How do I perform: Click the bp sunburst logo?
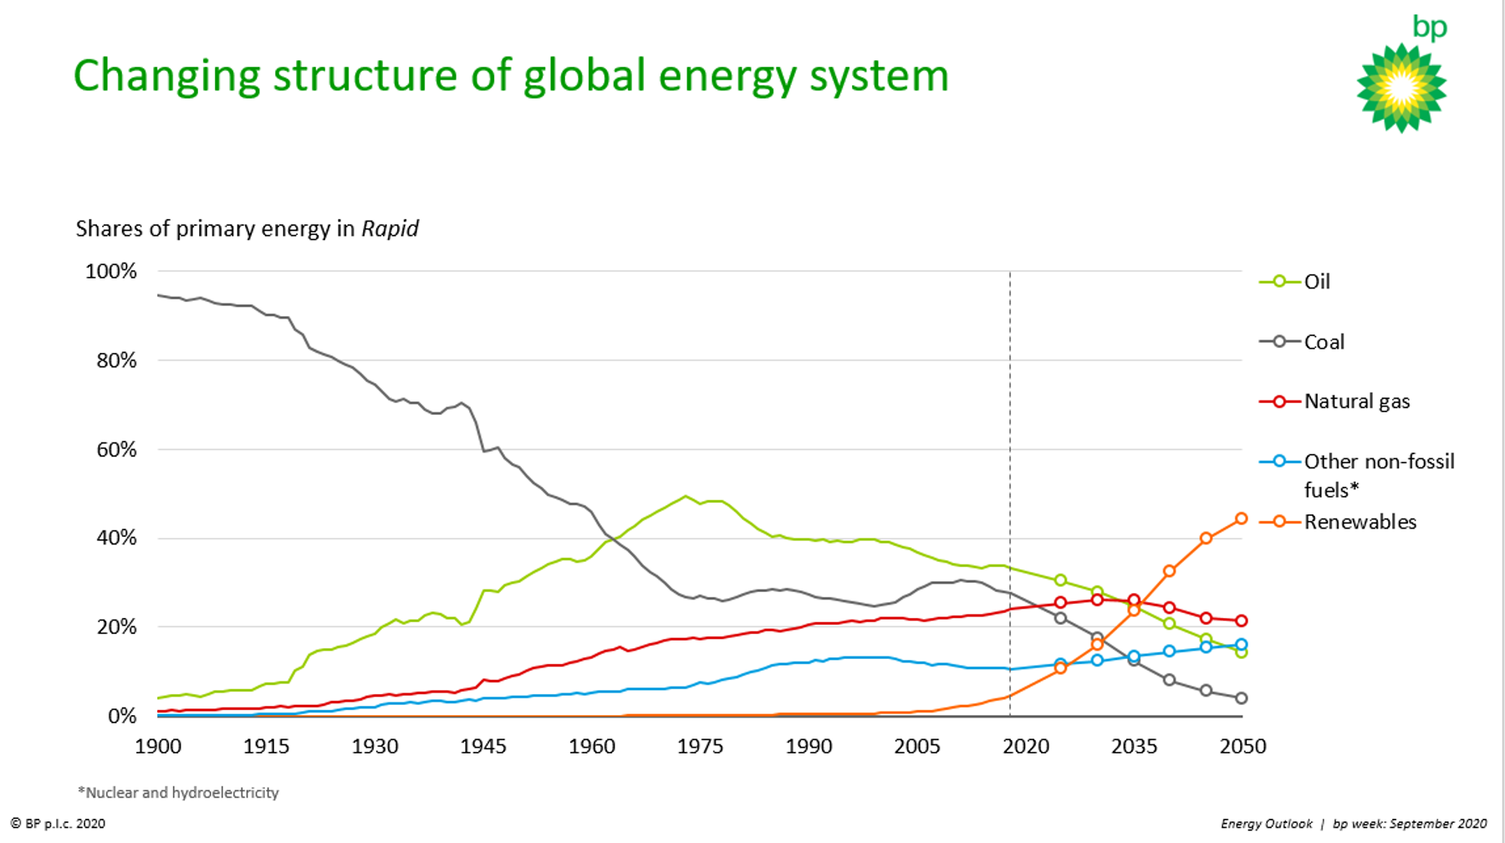1401,88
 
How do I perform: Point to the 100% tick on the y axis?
111,271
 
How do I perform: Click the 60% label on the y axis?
116,450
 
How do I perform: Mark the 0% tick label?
122,716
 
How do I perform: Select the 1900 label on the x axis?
158,747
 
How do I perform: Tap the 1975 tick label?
700,747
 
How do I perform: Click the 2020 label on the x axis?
1026,747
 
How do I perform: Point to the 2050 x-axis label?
1242,747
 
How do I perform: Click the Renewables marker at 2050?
1241,519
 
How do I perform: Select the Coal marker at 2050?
1241,697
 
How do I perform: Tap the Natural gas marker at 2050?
1241,621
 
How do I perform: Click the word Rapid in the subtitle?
390,229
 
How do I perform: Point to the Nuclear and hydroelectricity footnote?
179,793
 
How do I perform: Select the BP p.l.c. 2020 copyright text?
59,824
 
